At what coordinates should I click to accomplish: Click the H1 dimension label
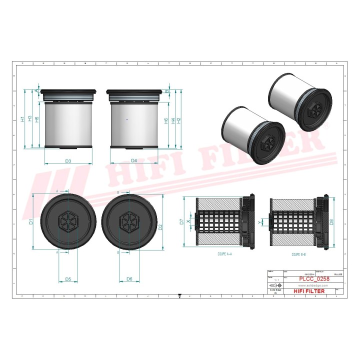22,119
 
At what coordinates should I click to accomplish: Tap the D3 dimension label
68,160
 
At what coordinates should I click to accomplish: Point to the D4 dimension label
134,160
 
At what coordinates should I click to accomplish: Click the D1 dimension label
30,221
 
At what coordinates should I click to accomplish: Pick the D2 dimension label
160,227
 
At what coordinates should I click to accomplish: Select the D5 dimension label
68,278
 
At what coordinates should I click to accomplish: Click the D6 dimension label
129,278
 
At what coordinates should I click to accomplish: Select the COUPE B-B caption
299,254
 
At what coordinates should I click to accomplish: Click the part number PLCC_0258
313,279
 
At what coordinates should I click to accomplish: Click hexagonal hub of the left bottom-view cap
67,221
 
